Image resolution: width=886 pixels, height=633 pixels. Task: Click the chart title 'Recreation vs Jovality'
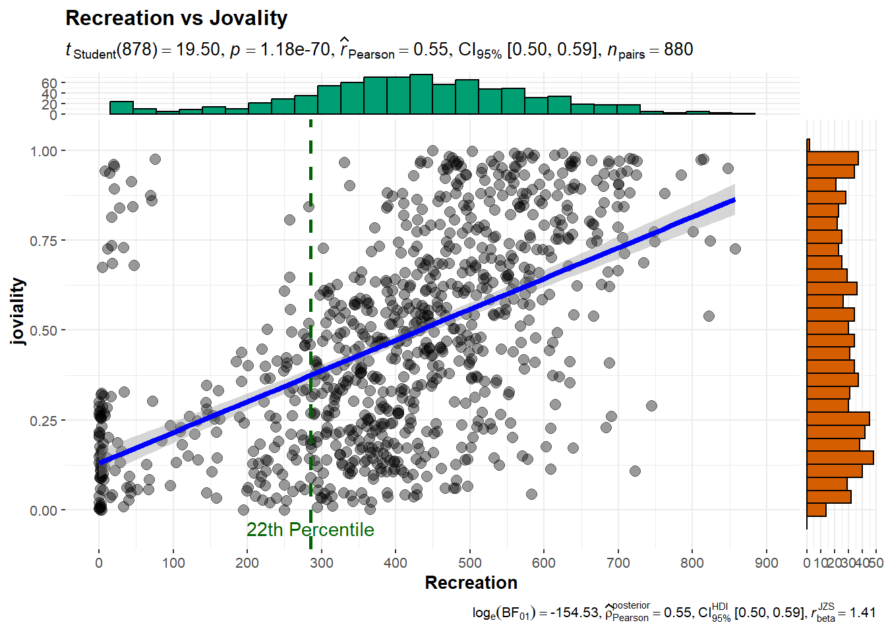click(x=177, y=18)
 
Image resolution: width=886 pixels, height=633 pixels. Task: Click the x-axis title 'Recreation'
click(x=471, y=583)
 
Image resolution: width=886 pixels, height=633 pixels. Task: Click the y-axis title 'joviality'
click(x=18, y=311)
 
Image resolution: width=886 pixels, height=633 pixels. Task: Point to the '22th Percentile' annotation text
click(x=310, y=529)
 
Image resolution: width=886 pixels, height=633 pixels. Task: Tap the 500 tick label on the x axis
click(x=470, y=563)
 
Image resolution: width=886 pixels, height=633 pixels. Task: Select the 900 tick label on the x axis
click(x=766, y=563)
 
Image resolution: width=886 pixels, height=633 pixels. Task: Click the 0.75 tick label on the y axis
click(x=44, y=241)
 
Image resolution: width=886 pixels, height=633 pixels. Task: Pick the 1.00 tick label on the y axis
click(x=44, y=151)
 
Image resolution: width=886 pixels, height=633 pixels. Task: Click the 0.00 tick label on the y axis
click(x=44, y=510)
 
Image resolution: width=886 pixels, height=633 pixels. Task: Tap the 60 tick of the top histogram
click(x=49, y=83)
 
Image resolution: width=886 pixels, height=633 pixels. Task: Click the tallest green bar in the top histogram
click(x=421, y=94)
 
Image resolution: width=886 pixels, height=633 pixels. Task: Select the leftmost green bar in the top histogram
click(x=121, y=108)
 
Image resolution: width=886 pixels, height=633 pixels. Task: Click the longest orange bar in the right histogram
click(x=841, y=458)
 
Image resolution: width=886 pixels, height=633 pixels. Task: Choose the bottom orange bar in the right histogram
click(x=817, y=510)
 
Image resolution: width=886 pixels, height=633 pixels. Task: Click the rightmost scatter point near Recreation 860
click(x=735, y=249)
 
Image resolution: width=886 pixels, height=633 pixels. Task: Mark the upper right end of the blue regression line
click(x=734, y=200)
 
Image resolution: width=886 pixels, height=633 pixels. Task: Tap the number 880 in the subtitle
click(x=678, y=50)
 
